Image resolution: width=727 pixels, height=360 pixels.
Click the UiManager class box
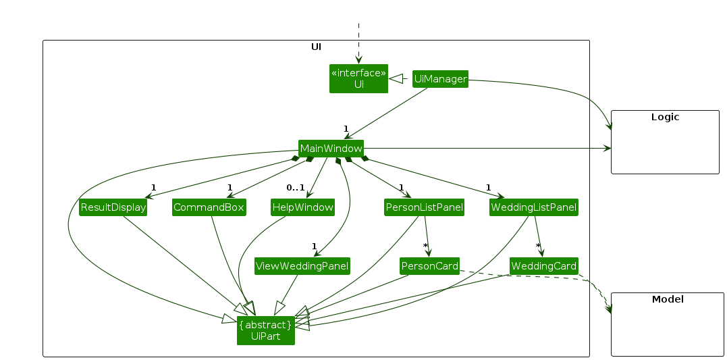tap(440, 79)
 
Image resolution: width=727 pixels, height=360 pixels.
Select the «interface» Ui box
tap(358, 79)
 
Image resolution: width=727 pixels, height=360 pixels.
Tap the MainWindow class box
tap(331, 148)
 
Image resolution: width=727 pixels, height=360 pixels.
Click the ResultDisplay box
tap(113, 207)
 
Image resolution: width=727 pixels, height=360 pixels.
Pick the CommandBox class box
tap(209, 207)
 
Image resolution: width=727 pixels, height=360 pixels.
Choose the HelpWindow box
tap(302, 207)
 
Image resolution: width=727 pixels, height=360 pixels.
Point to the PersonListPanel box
tap(425, 207)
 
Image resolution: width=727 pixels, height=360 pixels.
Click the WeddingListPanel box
tap(534, 207)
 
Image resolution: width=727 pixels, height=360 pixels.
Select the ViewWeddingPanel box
tap(302, 266)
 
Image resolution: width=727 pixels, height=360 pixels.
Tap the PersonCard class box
tap(429, 266)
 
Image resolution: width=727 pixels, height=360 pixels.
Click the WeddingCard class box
tap(543, 266)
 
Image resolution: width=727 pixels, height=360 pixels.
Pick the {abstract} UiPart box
tap(265, 330)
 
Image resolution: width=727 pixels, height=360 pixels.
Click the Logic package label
tap(665, 117)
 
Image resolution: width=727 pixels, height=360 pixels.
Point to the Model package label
tap(667, 299)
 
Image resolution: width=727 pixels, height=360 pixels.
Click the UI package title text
tap(316, 47)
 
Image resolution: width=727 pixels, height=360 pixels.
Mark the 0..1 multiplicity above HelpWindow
tap(295, 188)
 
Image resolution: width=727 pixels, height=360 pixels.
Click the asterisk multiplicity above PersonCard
tap(425, 246)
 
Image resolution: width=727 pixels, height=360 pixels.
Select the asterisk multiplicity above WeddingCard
tap(538, 246)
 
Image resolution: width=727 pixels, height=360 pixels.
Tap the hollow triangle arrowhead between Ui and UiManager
tap(398, 79)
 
